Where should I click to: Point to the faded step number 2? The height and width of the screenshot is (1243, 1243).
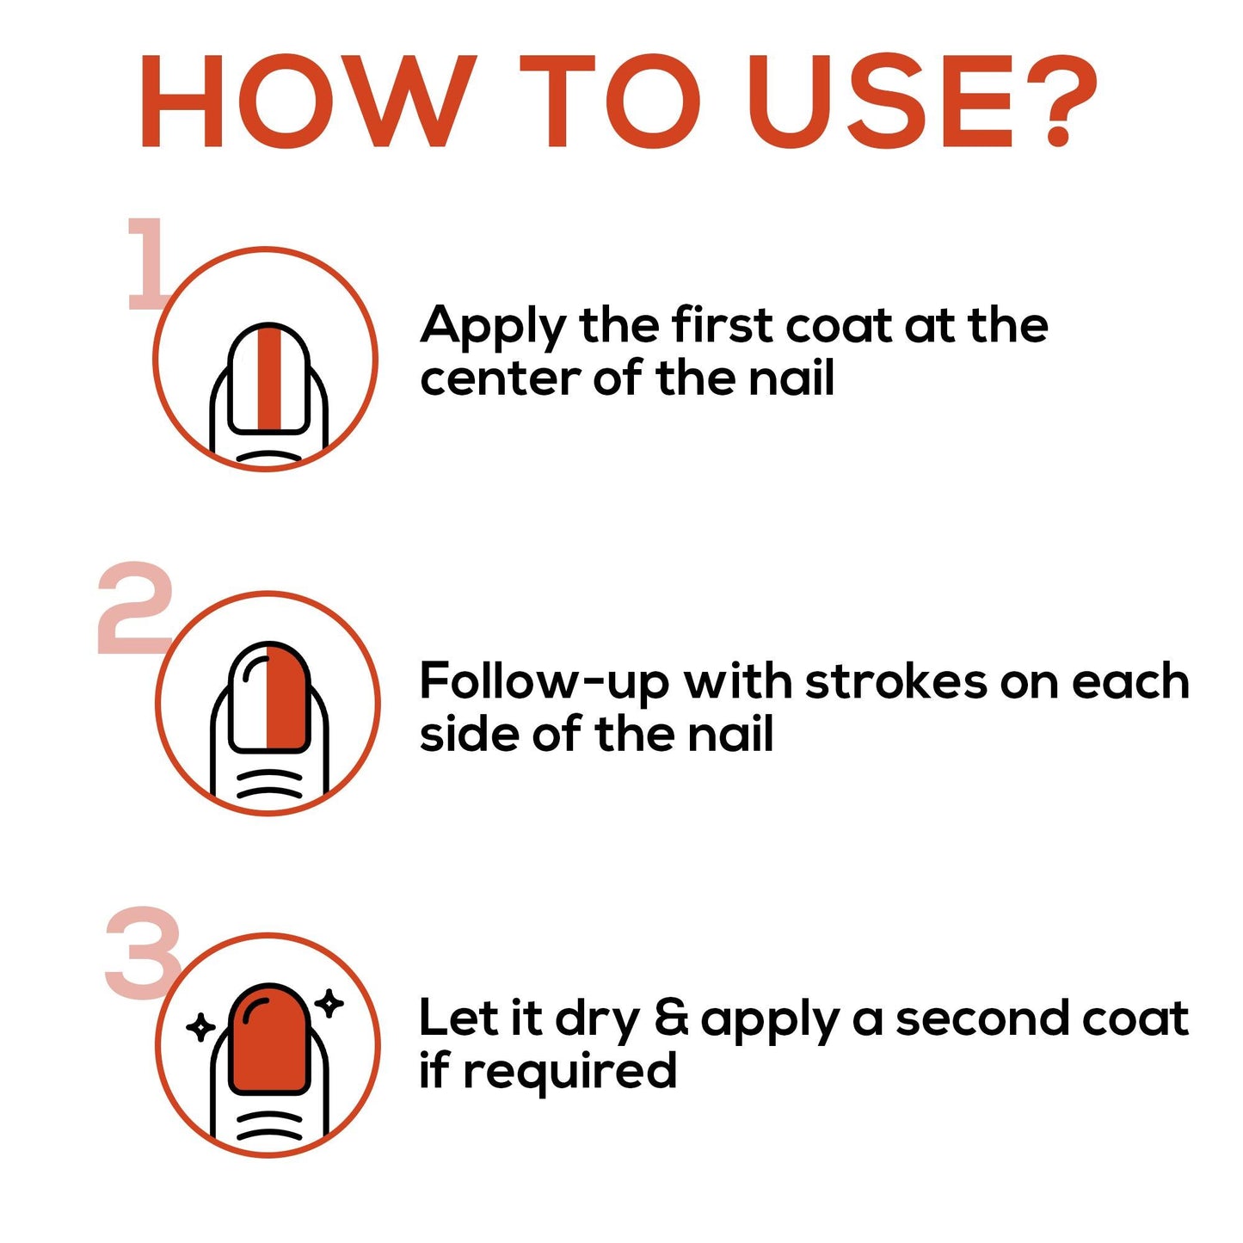pyautogui.click(x=136, y=608)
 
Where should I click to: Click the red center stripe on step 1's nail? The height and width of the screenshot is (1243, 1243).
pyautogui.click(x=268, y=378)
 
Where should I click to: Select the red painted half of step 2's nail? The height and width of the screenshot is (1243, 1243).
pyautogui.click(x=287, y=697)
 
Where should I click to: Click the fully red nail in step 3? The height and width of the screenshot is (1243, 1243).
pyautogui.click(x=269, y=1039)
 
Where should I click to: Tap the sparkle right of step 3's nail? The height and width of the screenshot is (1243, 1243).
pyautogui.click(x=331, y=1003)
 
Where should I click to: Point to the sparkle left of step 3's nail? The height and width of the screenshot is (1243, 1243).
pyautogui.click(x=200, y=1027)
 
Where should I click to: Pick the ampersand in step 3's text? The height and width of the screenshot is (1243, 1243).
pyautogui.click(x=672, y=1020)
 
